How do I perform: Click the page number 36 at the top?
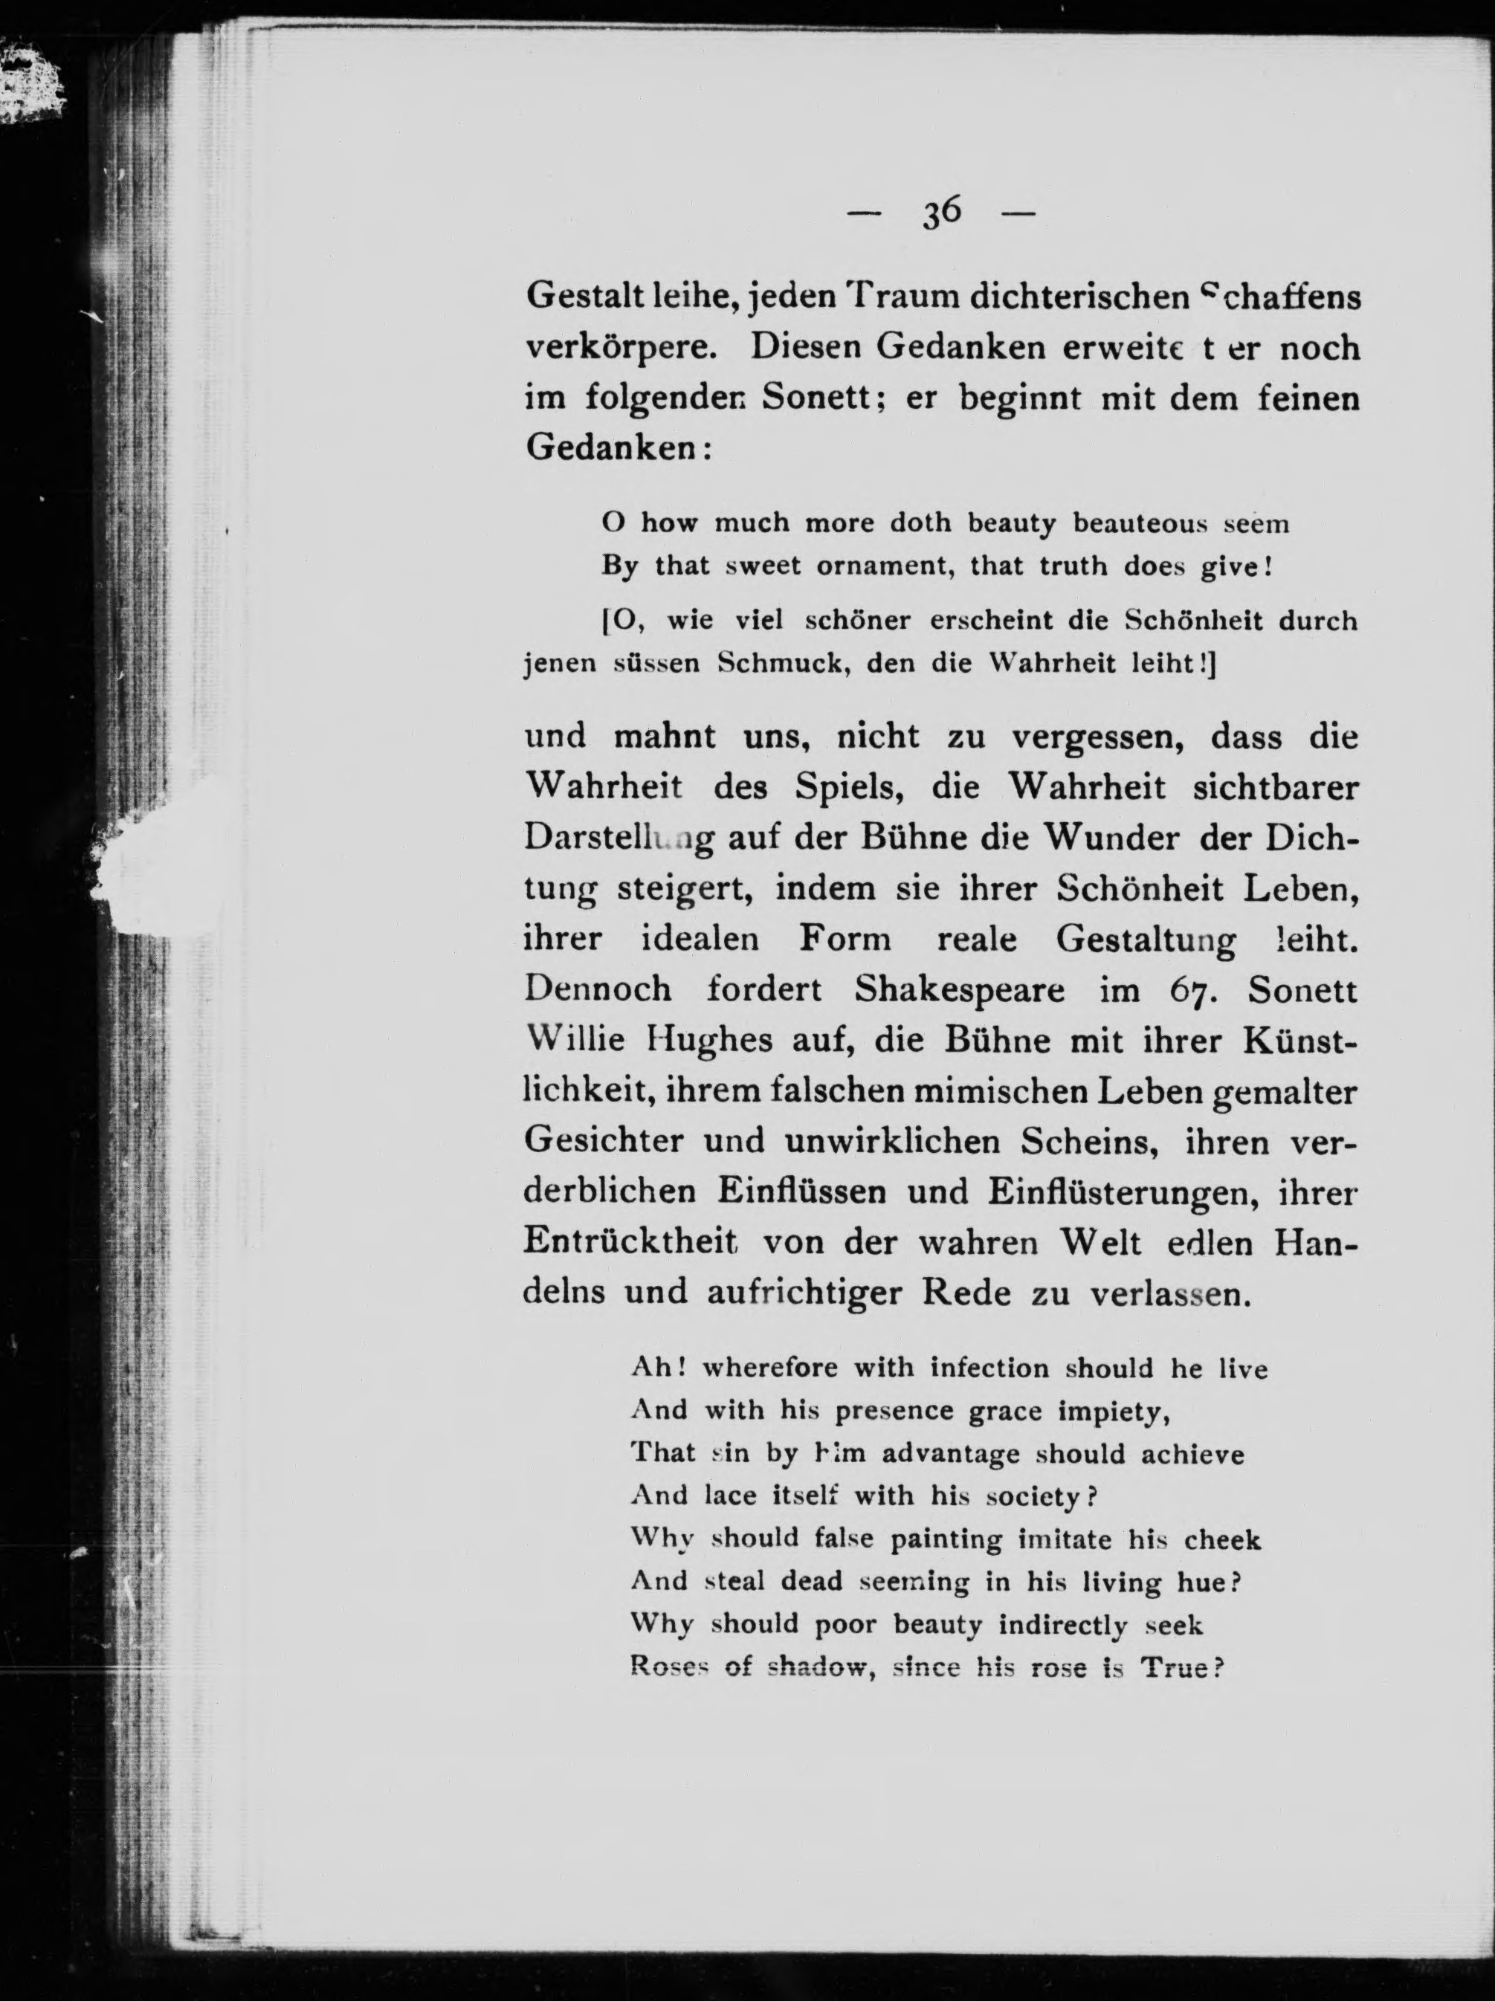tap(941, 213)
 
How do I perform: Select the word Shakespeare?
tap(960, 991)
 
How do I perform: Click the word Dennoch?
tap(598, 991)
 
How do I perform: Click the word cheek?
tap(1223, 1539)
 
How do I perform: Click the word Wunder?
tap(1112, 838)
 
